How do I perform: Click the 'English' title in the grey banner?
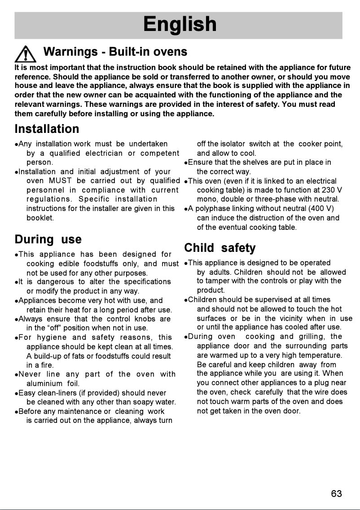point(180,24)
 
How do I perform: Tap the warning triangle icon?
point(25,54)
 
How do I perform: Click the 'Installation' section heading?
point(47,129)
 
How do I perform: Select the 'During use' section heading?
point(48,239)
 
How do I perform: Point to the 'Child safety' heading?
point(220,248)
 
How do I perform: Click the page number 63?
point(336,494)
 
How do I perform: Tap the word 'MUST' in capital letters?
point(60,180)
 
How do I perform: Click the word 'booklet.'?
point(40,218)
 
